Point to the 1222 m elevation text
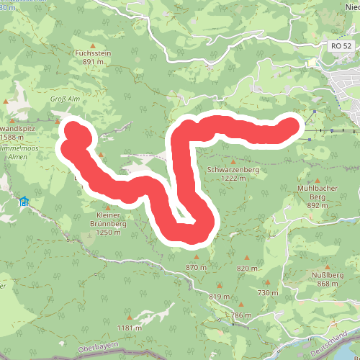pos(233,178)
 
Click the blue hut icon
pos(24,201)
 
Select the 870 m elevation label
pos(196,267)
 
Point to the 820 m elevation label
pos(247,268)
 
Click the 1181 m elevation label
pos(129,328)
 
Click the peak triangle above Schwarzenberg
pos(233,161)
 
